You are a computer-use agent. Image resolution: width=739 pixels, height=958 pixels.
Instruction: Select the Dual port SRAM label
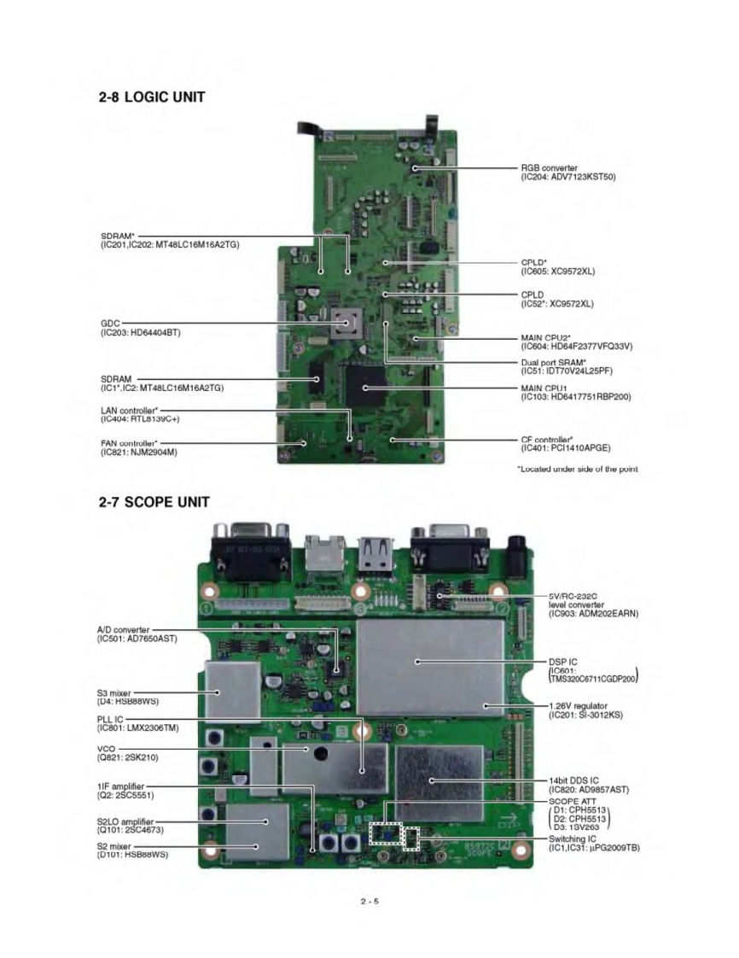tap(567, 367)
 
